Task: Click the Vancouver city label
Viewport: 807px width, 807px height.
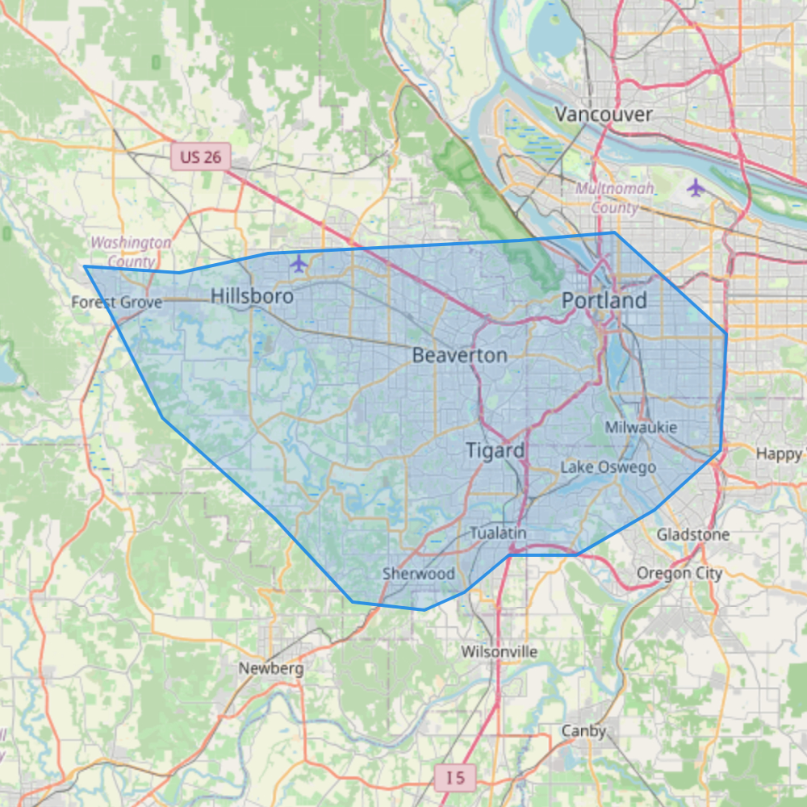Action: (604, 115)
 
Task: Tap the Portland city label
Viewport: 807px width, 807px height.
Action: (604, 301)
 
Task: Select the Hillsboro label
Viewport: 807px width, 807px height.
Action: (252, 297)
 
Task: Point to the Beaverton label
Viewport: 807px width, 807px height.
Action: (460, 355)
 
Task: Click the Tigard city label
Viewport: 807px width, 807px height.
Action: (495, 450)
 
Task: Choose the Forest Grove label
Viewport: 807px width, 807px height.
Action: (117, 303)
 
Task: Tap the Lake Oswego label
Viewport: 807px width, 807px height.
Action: (608, 467)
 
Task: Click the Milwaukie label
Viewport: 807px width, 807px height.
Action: (641, 427)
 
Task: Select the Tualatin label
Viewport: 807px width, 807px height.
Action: (498, 533)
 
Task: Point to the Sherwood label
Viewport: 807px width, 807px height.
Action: (419, 574)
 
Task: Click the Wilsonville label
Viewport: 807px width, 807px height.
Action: (500, 651)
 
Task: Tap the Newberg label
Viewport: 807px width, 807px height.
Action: (271, 668)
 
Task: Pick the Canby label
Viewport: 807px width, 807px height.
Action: (583, 731)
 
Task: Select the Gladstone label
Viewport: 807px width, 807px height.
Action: (692, 534)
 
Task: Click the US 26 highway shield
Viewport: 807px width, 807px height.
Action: (200, 157)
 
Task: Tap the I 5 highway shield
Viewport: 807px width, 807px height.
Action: (455, 778)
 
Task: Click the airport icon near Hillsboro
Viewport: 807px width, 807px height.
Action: (299, 263)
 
